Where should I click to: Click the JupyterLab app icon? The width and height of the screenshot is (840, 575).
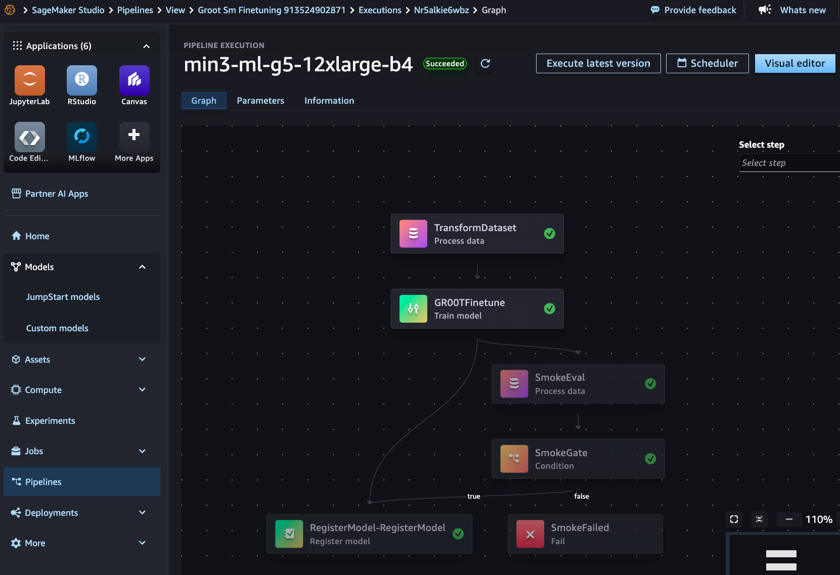pyautogui.click(x=30, y=80)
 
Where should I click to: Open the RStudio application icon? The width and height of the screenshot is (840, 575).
pyautogui.click(x=82, y=80)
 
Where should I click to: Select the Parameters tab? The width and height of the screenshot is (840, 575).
pyautogui.click(x=260, y=101)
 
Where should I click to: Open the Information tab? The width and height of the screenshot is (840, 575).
pyautogui.click(x=329, y=101)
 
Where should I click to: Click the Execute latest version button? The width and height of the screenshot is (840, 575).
pyautogui.click(x=598, y=63)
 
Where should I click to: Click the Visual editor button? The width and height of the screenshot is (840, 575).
pyautogui.click(x=795, y=63)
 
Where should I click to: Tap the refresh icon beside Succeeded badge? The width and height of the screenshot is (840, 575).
pyautogui.click(x=485, y=63)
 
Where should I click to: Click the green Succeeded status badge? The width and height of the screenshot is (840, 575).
pyautogui.click(x=445, y=63)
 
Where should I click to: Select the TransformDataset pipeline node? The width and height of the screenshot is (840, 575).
pyautogui.click(x=477, y=234)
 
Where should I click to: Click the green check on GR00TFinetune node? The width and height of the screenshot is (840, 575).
pyautogui.click(x=549, y=308)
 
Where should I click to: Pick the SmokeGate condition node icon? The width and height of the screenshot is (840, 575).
pyautogui.click(x=514, y=459)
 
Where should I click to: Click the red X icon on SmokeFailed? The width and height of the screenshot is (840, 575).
pyautogui.click(x=530, y=534)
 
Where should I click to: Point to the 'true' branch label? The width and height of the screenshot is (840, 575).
pyautogui.click(x=474, y=496)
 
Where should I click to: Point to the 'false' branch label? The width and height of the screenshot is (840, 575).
pyautogui.click(x=582, y=496)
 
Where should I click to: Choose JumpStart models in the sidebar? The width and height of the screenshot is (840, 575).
pyautogui.click(x=63, y=297)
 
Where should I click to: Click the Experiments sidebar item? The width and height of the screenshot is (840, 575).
pyautogui.click(x=50, y=420)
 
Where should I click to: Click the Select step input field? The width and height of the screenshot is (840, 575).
pyautogui.click(x=789, y=163)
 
